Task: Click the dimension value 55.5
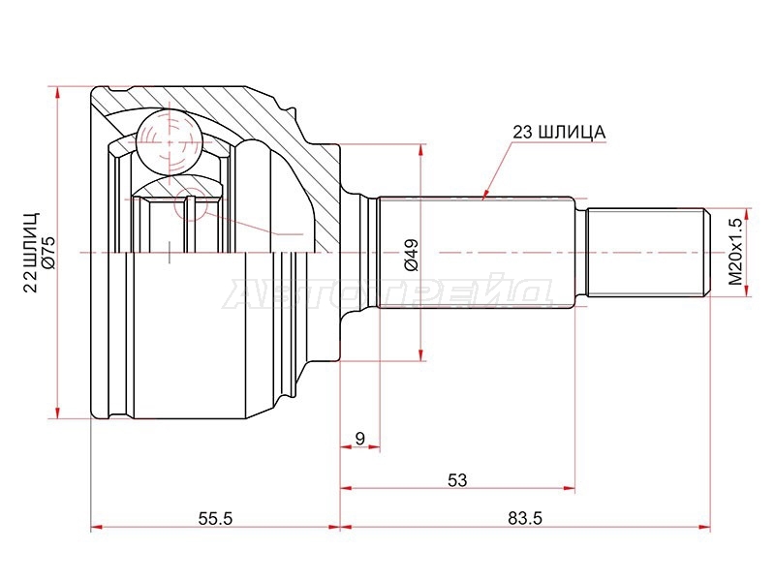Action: [x=215, y=518]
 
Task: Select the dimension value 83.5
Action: [x=525, y=518]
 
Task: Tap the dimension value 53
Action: [x=457, y=479]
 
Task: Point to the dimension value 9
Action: [x=359, y=439]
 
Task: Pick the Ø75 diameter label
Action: [x=50, y=254]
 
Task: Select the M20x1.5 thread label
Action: [x=735, y=252]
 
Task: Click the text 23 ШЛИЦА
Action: [x=559, y=133]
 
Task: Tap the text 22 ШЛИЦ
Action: [x=31, y=253]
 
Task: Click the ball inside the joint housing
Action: [x=169, y=142]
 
